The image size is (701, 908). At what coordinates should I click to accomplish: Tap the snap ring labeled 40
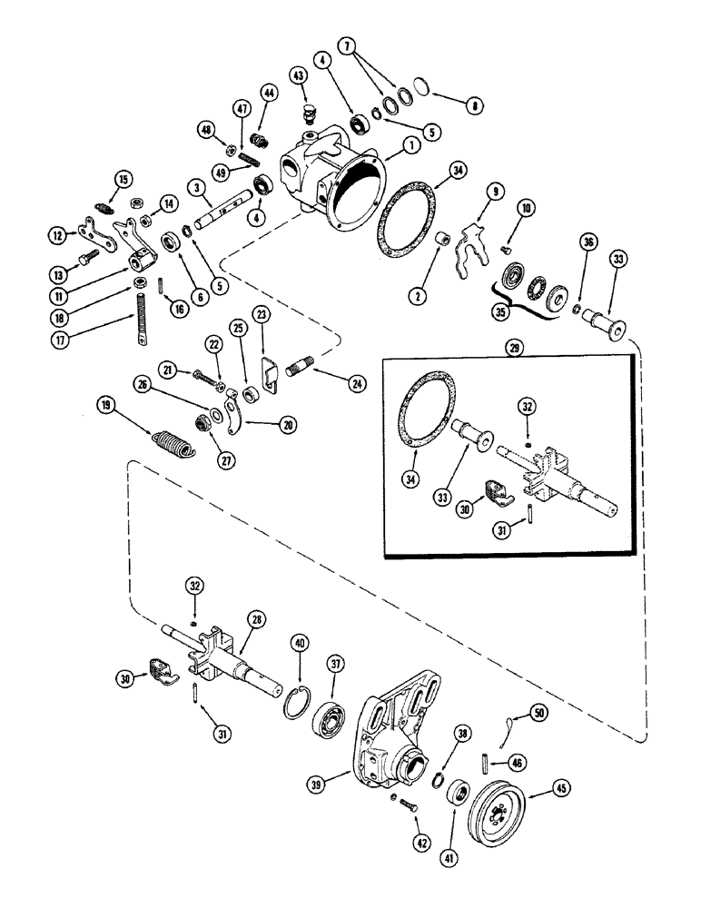[298, 703]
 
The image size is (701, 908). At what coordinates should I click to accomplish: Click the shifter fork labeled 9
[475, 232]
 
